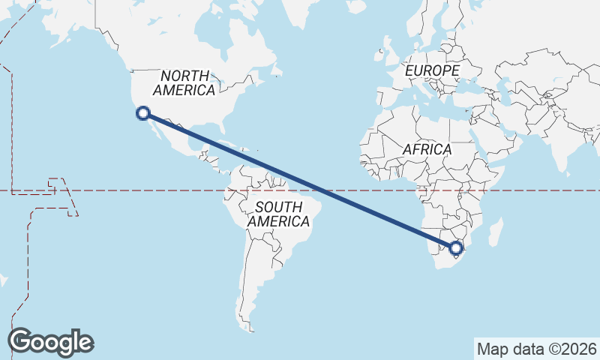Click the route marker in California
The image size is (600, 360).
point(142,113)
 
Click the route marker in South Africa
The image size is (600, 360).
point(455,247)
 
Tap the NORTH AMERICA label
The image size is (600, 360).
point(184,82)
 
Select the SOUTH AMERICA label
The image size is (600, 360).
point(278,214)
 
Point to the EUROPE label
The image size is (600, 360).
point(432,70)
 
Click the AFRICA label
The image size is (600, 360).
point(427,149)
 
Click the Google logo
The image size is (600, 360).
point(50,342)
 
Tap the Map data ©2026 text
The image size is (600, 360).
point(536,349)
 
